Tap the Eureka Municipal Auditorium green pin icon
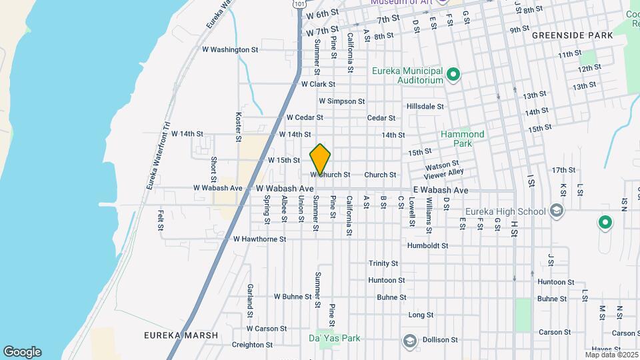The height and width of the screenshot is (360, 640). tap(453, 74)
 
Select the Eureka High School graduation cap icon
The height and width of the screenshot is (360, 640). tap(556, 212)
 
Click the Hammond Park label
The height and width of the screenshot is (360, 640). tap(463, 139)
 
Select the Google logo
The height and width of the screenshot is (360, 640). tap(22, 352)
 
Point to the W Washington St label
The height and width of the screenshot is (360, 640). tap(230, 49)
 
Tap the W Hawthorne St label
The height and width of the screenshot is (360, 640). tap(259, 239)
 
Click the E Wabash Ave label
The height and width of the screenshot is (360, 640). tap(440, 191)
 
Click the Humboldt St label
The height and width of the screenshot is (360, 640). tap(427, 245)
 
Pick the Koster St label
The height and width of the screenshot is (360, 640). tap(238, 127)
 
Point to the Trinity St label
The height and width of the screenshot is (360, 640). tap(383, 263)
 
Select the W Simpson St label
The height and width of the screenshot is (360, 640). tap(341, 101)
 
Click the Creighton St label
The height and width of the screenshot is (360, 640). tap(249, 345)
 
